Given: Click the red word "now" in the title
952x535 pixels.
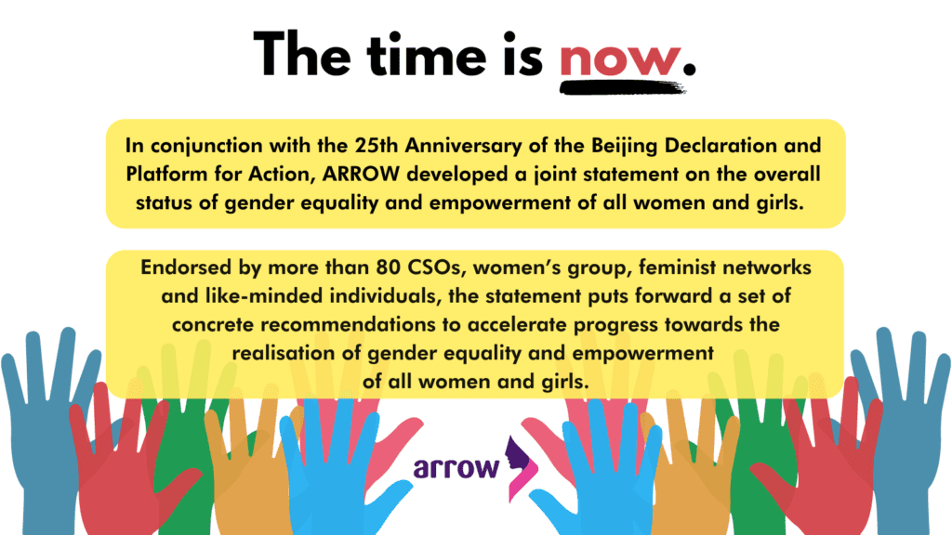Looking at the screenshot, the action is click(619, 59).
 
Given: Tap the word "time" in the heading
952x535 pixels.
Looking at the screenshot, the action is click(426, 55).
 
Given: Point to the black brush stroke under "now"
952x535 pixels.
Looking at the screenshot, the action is click(622, 88).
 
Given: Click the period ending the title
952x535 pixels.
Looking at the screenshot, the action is click(689, 69).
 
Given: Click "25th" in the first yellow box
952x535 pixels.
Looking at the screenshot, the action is click(377, 146).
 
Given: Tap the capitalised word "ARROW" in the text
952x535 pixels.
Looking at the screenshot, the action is click(361, 174).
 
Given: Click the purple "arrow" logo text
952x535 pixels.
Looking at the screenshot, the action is click(456, 468).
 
